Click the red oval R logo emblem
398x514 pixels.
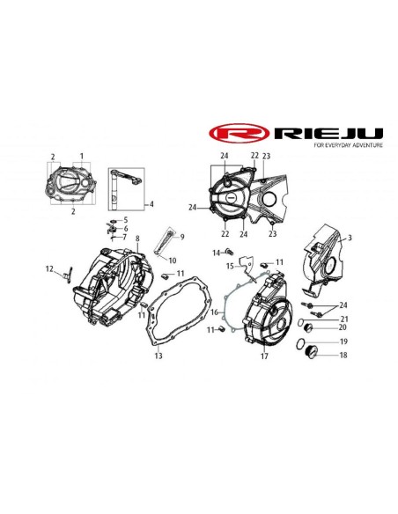pyautogui.click(x=240, y=133)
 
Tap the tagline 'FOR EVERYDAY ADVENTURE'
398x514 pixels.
pyautogui.click(x=348, y=145)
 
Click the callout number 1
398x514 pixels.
pyautogui.click(x=82, y=156)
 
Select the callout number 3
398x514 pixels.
pyautogui.click(x=350, y=238)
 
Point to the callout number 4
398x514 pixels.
pyautogui.click(x=151, y=204)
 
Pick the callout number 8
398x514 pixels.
pyautogui.click(x=137, y=239)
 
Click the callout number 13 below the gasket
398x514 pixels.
pyautogui.click(x=158, y=356)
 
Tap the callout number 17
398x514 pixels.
pyautogui.click(x=264, y=356)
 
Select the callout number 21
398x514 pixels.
pyautogui.click(x=344, y=319)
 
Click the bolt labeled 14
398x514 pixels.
pyautogui.click(x=230, y=252)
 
